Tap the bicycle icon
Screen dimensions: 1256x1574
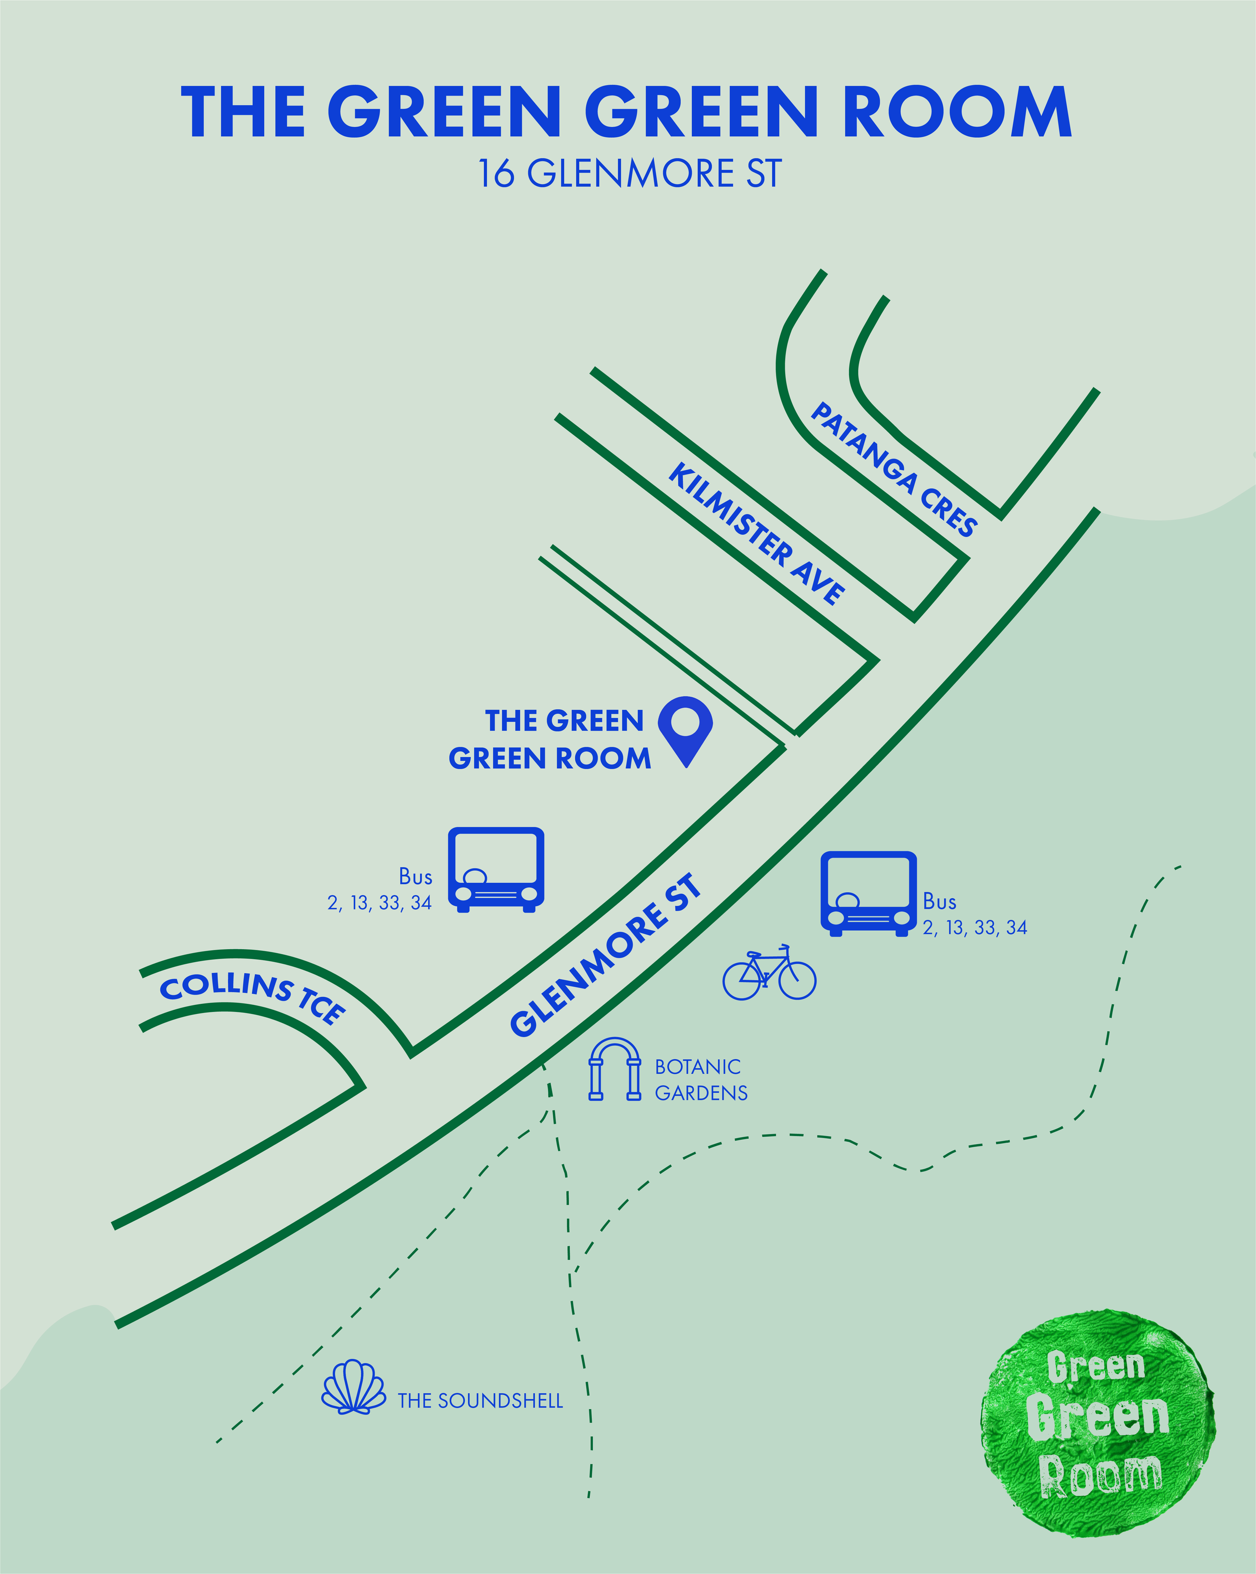769,973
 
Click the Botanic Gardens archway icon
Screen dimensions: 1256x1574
614,1070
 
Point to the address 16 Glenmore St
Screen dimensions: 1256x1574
629,174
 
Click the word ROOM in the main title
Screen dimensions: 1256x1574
958,112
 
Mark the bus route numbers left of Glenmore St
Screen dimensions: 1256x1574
379,903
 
